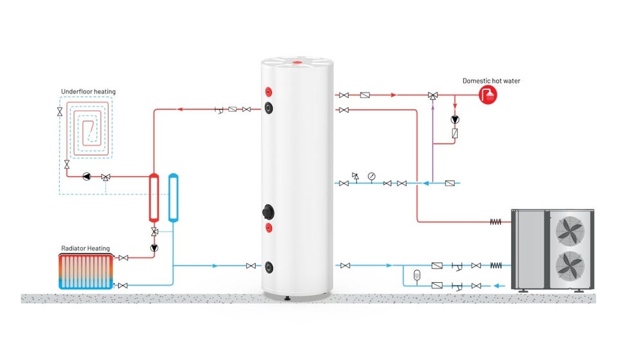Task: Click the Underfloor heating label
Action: [88, 92]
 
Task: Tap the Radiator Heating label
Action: [85, 248]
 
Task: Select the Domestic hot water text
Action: [492, 81]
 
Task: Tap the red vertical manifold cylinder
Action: [154, 197]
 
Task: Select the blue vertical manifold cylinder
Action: [173, 197]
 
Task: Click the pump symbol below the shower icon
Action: [454, 120]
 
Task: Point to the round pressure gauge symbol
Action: [371, 176]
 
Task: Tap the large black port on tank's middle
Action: [268, 211]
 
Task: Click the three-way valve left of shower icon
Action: [433, 96]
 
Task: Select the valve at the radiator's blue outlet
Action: [123, 285]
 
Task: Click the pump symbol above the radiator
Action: [154, 247]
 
